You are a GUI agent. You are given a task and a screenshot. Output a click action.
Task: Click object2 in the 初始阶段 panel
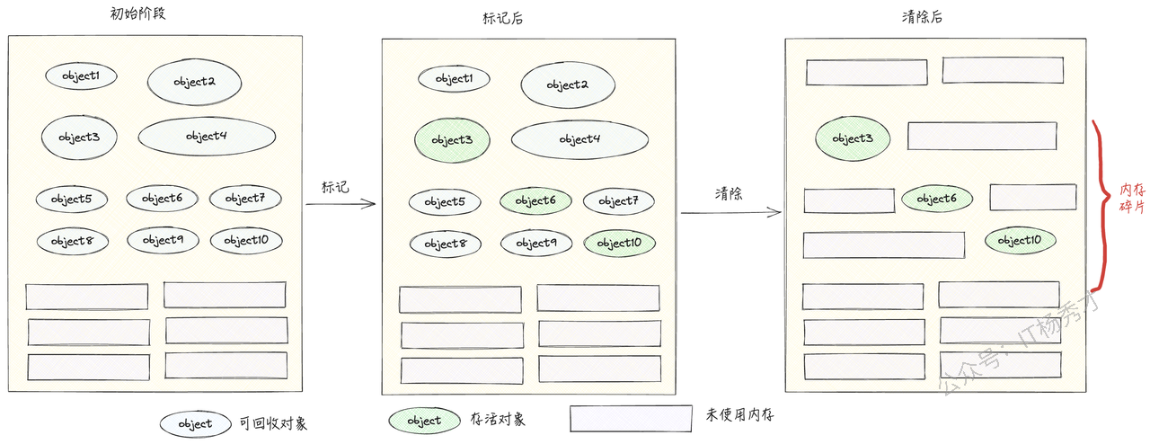coord(195,82)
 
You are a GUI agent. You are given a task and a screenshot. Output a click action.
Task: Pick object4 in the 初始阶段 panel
coord(207,136)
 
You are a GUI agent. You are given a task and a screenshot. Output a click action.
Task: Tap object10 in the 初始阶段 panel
coord(245,240)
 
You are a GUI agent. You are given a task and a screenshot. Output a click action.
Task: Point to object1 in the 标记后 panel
coord(454,79)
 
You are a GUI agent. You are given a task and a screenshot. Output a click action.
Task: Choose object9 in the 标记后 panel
coord(535,243)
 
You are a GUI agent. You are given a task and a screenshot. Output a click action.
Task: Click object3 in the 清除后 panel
coord(853,138)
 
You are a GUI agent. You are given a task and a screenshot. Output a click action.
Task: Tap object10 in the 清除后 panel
coord(1020,240)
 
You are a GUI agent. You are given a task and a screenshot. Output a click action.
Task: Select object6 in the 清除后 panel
coord(937,199)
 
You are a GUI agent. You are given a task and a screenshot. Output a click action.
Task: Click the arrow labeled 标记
coord(340,204)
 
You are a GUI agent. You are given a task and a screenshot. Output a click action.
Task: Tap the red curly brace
coord(1101,206)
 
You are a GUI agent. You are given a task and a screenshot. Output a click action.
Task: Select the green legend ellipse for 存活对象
coord(424,420)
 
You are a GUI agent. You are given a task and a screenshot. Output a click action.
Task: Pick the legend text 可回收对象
coord(274,423)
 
